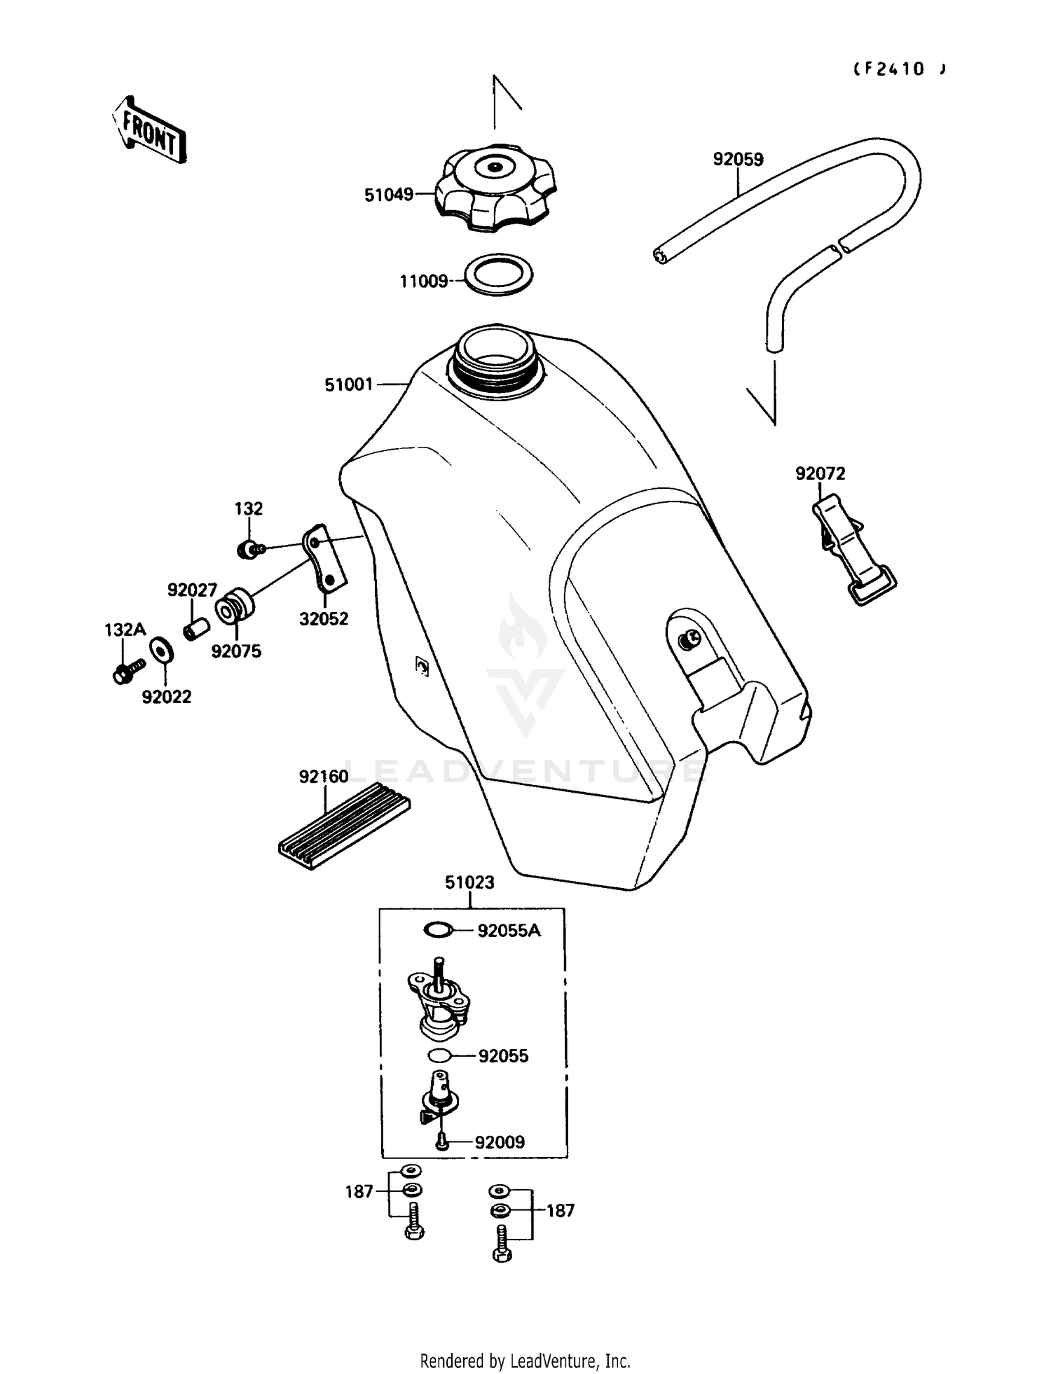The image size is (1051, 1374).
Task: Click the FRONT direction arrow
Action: click(x=149, y=130)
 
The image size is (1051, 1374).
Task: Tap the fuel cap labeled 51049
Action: click(x=497, y=188)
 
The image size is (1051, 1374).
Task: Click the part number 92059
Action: click(x=738, y=160)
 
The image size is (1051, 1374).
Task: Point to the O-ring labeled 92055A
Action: click(x=438, y=930)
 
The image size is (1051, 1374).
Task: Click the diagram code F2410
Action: click(x=898, y=69)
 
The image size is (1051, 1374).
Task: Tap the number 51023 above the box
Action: click(x=469, y=882)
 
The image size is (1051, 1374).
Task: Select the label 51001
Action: click(x=348, y=384)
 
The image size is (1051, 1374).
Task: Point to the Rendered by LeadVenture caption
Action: click(x=525, y=1360)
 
